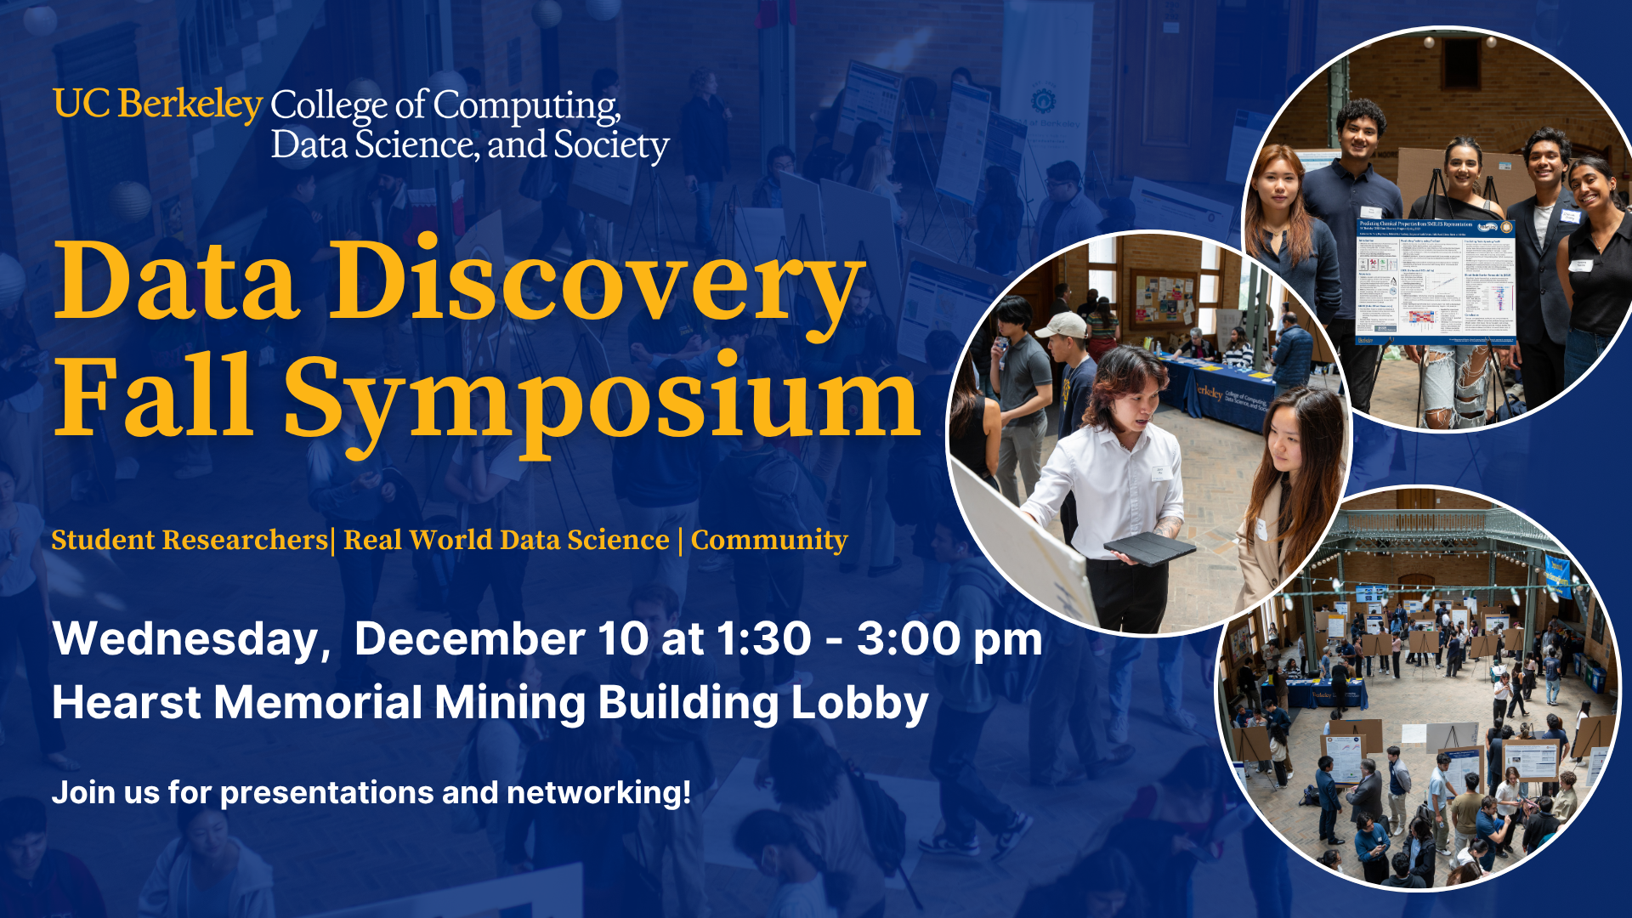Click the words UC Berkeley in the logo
pyautogui.click(x=158, y=105)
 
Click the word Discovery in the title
pyautogui.click(x=597, y=280)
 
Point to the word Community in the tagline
pyautogui.click(x=769, y=540)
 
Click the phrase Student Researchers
pyautogui.click(x=190, y=540)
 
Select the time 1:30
pyautogui.click(x=764, y=639)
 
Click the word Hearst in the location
pyautogui.click(x=127, y=703)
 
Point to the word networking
pyautogui.click(x=598, y=792)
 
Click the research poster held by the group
pyautogui.click(x=1435, y=280)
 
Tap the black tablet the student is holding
pyautogui.click(x=1149, y=549)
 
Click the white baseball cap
pyautogui.click(x=1061, y=324)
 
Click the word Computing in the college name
pyautogui.click(x=526, y=106)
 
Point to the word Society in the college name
pyautogui.click(x=611, y=144)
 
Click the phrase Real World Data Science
pyautogui.click(x=507, y=540)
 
